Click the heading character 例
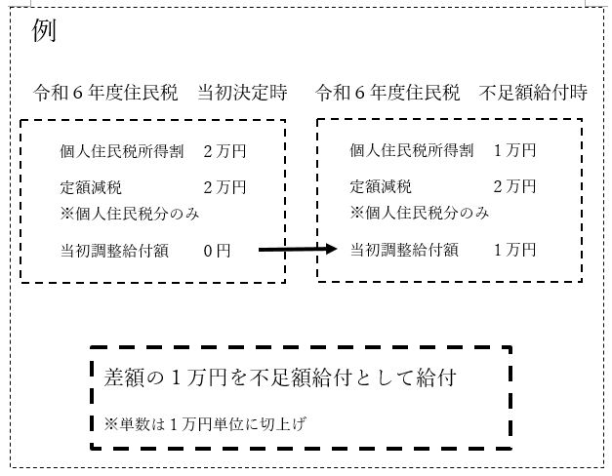click(44, 30)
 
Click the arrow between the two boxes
click(298, 249)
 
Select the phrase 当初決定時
click(242, 93)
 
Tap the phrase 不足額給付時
click(533, 93)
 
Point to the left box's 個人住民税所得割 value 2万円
click(224, 151)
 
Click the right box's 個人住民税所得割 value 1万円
click(514, 150)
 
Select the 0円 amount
click(217, 251)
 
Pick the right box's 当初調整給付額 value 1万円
click(514, 250)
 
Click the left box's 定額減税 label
click(91, 187)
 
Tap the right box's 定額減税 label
click(381, 186)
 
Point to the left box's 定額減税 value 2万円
click(224, 187)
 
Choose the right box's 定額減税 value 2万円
click(514, 186)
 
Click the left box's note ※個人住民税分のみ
click(130, 214)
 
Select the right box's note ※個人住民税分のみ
click(420, 213)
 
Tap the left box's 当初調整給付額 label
click(114, 251)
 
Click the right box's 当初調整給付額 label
click(404, 250)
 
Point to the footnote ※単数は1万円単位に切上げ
click(205, 423)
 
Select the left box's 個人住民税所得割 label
click(122, 151)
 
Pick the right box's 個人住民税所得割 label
click(411, 150)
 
